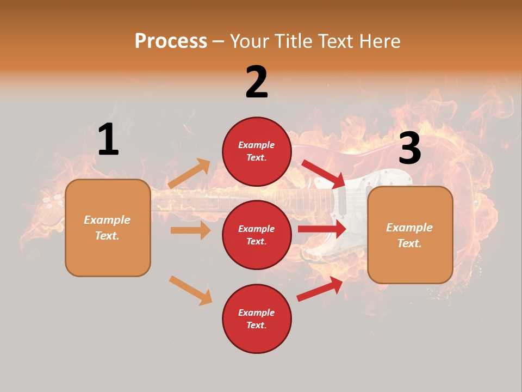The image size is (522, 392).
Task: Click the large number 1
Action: [x=108, y=139]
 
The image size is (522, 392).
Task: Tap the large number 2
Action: [x=257, y=82]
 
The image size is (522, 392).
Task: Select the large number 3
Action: [x=409, y=148]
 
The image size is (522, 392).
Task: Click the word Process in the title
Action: [x=171, y=41]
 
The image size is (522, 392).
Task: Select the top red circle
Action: [x=257, y=151]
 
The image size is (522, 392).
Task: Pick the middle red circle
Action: [x=257, y=235]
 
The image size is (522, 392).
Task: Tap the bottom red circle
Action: [x=257, y=318]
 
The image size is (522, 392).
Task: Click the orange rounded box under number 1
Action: [x=108, y=228]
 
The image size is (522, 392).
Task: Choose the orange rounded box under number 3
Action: [x=410, y=235]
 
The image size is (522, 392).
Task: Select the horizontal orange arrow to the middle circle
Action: [x=190, y=230]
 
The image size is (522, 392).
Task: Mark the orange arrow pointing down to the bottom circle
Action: [x=191, y=290]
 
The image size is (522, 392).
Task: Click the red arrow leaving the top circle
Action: [x=324, y=174]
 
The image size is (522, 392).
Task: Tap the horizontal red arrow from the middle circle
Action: [x=322, y=229]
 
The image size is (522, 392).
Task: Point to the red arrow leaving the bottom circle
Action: [x=320, y=289]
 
